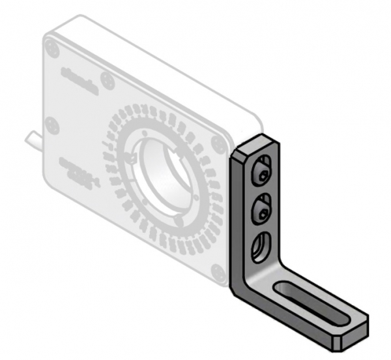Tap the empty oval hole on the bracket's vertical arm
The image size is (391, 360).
(260, 247)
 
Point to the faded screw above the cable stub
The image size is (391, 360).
(53, 125)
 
